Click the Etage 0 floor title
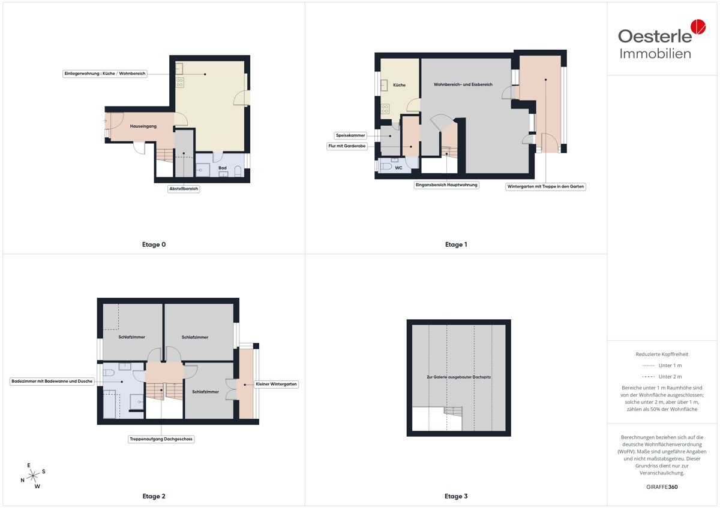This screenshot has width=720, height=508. click(x=154, y=244)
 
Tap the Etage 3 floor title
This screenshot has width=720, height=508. click(x=456, y=496)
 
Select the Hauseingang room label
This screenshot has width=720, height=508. click(x=143, y=126)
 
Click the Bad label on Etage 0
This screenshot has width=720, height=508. click(x=223, y=168)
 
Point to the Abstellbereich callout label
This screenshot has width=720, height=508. click(x=184, y=189)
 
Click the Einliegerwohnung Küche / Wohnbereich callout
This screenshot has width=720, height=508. click(x=105, y=74)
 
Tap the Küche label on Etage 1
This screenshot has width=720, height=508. click(x=399, y=85)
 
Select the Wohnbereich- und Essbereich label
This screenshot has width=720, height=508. click(x=463, y=84)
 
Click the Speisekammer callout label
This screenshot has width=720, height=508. click(x=350, y=135)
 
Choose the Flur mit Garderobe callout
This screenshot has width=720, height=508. click(x=347, y=146)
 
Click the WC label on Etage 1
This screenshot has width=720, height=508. click(x=398, y=168)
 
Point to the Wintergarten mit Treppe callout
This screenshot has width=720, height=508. click(x=545, y=186)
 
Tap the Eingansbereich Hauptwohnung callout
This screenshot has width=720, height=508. click(x=446, y=185)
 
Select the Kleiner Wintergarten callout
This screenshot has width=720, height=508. click(x=276, y=384)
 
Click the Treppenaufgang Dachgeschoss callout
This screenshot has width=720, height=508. click(x=161, y=439)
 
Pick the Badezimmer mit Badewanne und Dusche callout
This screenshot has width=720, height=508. click(x=52, y=381)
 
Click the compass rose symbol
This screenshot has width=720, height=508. click(x=33, y=476)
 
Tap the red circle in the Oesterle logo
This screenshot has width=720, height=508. click(x=698, y=26)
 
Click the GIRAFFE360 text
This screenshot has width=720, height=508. click(x=662, y=487)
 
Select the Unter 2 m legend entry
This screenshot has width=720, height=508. click(x=662, y=376)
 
